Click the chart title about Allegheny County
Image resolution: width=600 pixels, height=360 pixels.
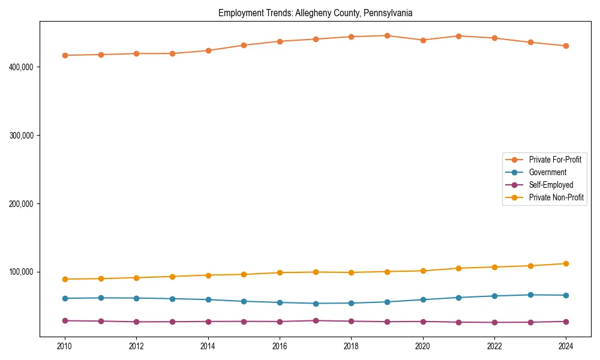315,13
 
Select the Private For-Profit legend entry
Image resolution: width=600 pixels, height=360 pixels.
555,160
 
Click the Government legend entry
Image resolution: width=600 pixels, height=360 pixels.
547,172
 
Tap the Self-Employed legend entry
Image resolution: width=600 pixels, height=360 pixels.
551,185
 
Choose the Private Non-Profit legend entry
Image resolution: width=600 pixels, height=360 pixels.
556,197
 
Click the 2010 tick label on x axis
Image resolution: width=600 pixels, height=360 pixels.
65,346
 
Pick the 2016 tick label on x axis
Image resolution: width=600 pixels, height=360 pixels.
280,346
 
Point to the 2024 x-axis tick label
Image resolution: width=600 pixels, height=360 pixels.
566,346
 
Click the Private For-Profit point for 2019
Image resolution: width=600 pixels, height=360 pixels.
387,35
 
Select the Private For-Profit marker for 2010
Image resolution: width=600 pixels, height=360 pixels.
65,55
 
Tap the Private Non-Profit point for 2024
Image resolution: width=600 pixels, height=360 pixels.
566,263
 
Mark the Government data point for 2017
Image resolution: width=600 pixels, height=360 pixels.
316,304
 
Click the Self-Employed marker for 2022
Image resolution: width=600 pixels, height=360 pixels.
494,323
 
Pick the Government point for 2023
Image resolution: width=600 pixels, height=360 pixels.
530,295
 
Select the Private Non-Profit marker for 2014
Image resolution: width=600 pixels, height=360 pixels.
208,275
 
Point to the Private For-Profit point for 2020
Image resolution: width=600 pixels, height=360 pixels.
423,40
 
